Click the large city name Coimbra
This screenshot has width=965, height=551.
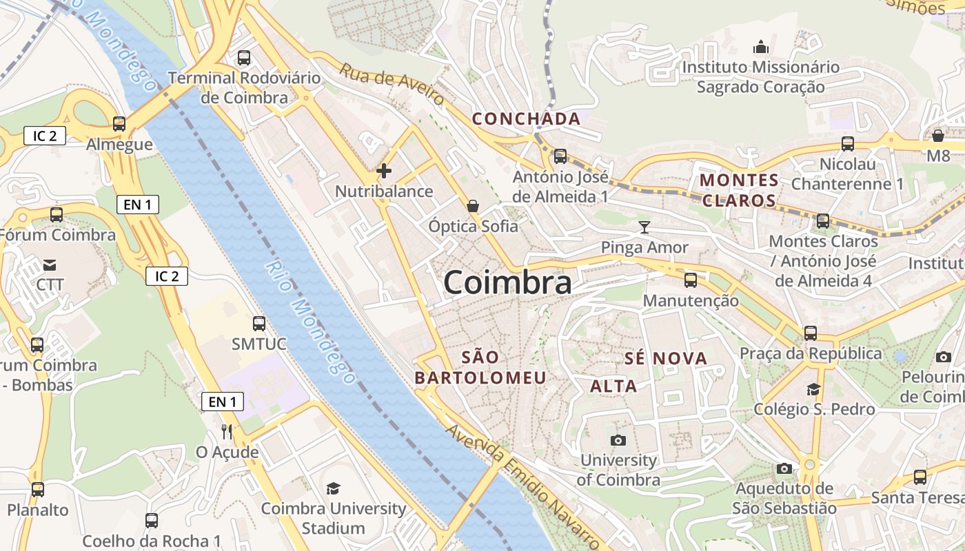(x=507, y=282)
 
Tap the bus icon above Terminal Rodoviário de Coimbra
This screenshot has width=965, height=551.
(x=243, y=58)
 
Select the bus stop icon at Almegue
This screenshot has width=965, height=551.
(x=119, y=124)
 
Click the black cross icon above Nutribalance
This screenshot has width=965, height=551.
(x=384, y=171)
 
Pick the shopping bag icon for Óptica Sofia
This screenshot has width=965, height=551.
(x=473, y=205)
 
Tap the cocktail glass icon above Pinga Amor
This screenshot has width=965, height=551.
(x=644, y=227)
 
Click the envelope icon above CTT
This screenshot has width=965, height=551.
(x=50, y=264)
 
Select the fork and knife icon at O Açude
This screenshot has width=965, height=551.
(x=227, y=432)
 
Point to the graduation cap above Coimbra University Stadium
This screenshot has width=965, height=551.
(x=334, y=488)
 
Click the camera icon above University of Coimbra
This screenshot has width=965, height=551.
(x=618, y=440)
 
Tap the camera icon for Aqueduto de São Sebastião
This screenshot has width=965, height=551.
(x=784, y=469)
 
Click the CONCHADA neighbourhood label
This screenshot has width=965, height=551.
(x=527, y=119)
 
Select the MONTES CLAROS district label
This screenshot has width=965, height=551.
(x=740, y=191)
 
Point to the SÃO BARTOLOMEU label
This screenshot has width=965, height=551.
(x=480, y=367)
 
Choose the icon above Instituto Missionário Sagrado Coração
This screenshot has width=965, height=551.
(x=761, y=47)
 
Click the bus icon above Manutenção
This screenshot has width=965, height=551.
(x=691, y=280)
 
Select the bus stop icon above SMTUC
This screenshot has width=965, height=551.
(x=259, y=323)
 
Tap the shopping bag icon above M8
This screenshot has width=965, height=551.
(x=937, y=135)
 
